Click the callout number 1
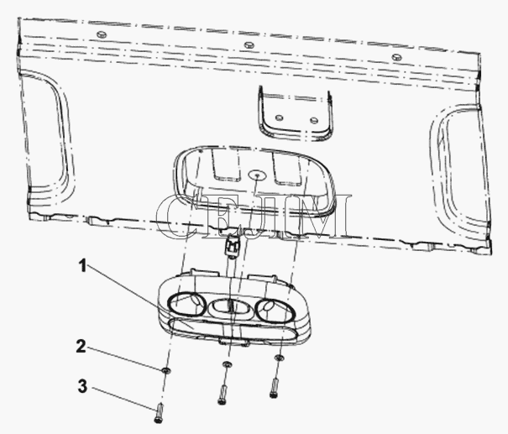coord(83,266)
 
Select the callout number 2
coord(81,346)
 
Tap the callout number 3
coord(82,386)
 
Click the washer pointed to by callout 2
coord(166,370)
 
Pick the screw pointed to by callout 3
coord(159,413)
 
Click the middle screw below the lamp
coord(223,394)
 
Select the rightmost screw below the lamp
coord(275,387)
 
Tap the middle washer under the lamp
coord(227,364)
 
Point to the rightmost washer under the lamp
coord(279,358)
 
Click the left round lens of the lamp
coord(186,304)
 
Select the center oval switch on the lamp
coord(230,307)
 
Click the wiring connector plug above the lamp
coord(232,247)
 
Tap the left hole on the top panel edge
coord(102,34)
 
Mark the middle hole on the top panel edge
coord(249,44)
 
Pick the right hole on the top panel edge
coord(396,57)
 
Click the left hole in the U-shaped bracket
coord(279,118)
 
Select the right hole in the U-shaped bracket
coord(313,121)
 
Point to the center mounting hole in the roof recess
coord(257,175)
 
